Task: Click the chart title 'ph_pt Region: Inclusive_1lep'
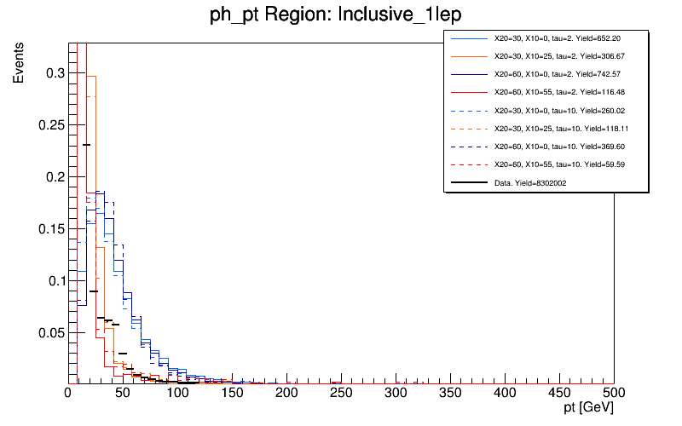(340, 14)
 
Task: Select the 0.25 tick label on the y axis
(50, 125)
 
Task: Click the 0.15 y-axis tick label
(50, 229)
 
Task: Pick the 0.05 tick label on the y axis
(50, 332)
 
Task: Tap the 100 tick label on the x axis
(177, 393)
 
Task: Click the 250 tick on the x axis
(341, 393)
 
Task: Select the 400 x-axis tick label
(505, 393)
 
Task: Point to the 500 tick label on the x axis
(614, 393)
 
